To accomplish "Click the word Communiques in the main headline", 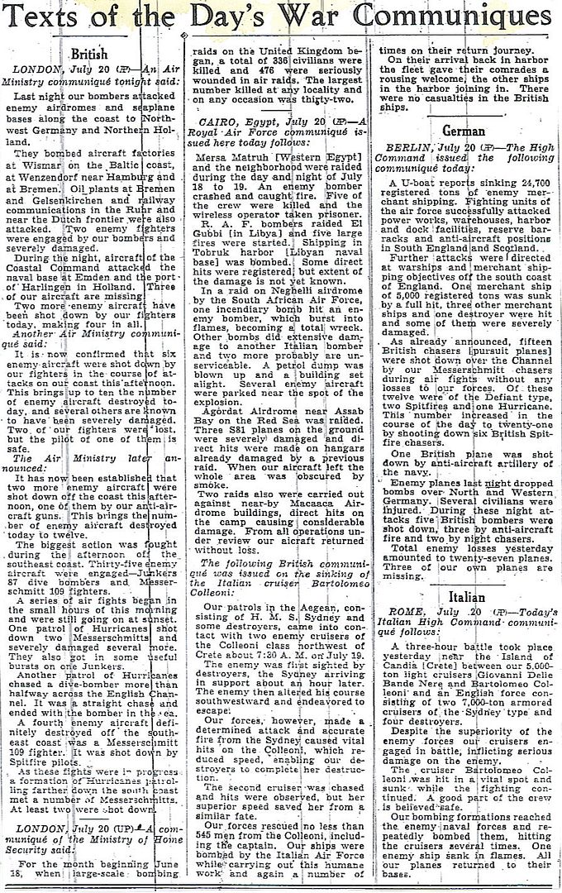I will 464,17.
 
